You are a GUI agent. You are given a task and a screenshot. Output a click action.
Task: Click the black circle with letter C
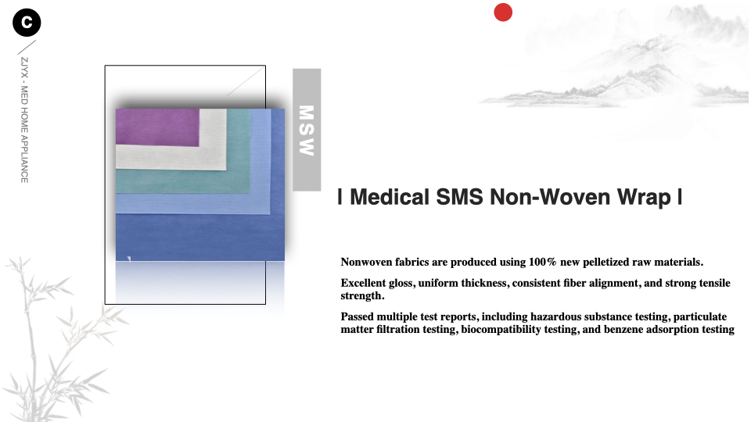pos(27,23)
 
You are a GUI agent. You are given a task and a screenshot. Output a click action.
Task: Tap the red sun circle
pos(503,13)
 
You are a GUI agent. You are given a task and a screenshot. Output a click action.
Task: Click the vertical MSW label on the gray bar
pos(307,131)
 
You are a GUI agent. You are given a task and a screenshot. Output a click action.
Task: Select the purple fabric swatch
pos(157,127)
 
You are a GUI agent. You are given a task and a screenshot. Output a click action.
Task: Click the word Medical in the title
pos(390,197)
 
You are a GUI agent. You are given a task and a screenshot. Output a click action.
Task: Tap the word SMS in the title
pos(459,197)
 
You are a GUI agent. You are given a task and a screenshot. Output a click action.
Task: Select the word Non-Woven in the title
pos(549,197)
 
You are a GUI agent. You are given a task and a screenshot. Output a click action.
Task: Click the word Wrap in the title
pos(644,198)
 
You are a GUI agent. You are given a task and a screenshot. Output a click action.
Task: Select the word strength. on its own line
pos(362,296)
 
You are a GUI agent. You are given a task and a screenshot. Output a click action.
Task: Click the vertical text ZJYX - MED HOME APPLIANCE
pos(24,120)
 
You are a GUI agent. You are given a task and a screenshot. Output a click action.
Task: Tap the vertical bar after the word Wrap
pos(680,197)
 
